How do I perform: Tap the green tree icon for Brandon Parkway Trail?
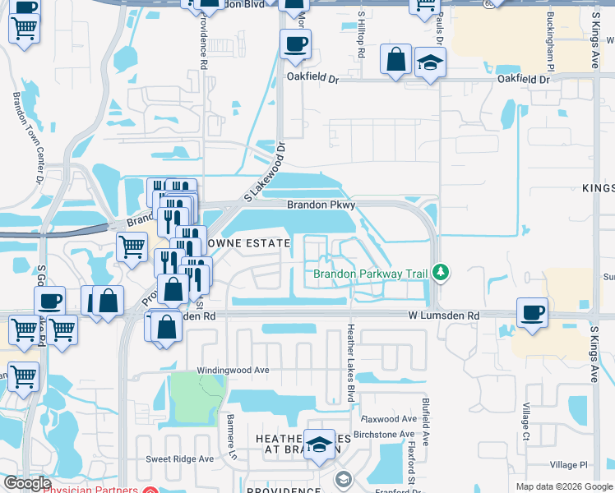tap(442, 272)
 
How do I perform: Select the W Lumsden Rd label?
tap(444, 316)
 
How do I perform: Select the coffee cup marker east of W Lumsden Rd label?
tap(532, 312)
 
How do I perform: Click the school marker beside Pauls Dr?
tap(429, 64)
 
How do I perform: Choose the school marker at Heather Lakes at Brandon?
tap(319, 445)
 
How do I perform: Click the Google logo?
tap(27, 483)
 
